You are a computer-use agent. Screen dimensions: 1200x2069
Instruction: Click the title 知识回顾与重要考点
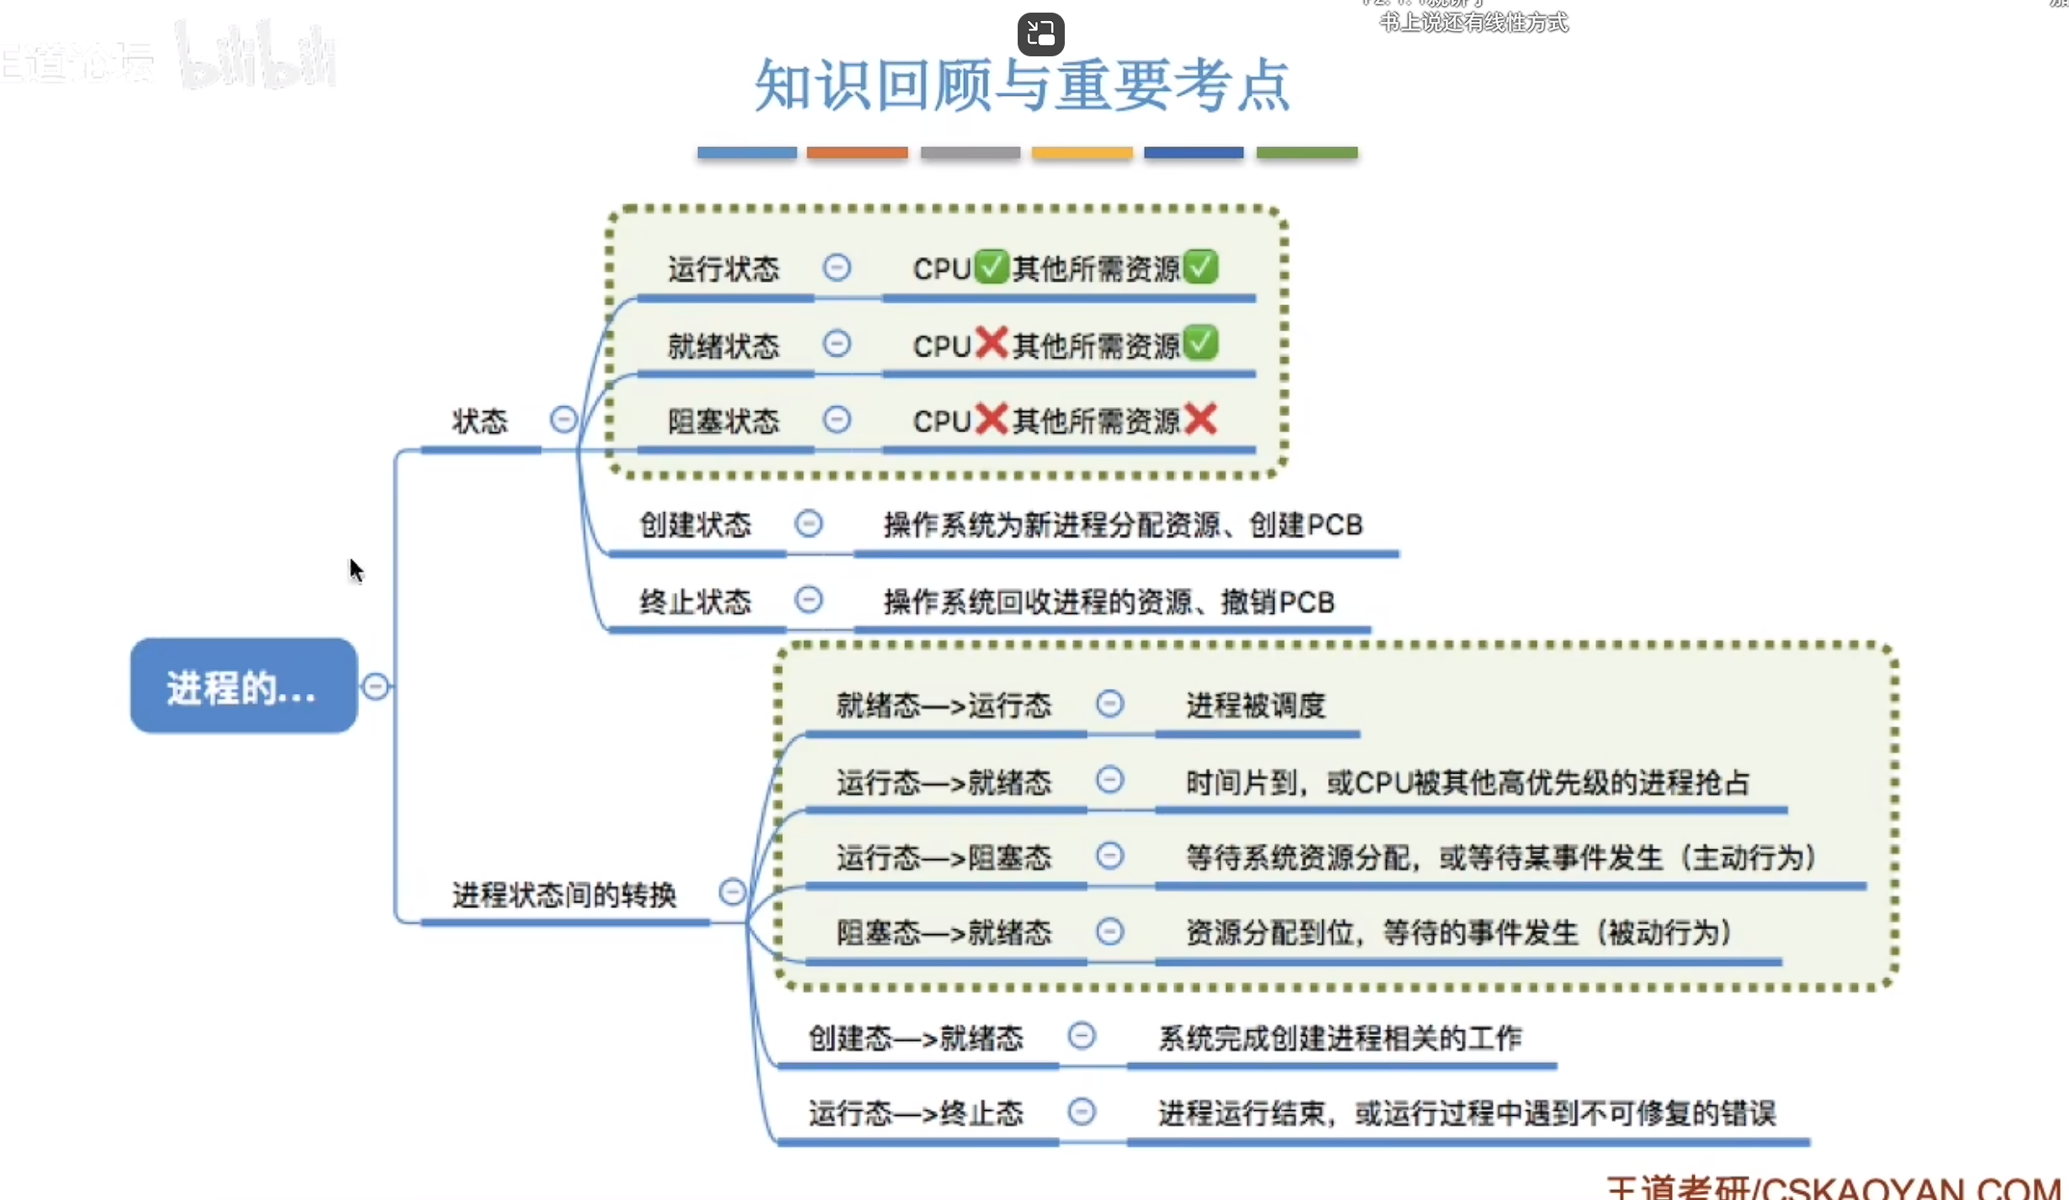(1022, 86)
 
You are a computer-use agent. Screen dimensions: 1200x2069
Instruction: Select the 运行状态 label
(723, 269)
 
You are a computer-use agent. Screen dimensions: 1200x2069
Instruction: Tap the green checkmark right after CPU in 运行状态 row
(992, 267)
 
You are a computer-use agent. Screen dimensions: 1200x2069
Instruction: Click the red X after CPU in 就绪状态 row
(992, 343)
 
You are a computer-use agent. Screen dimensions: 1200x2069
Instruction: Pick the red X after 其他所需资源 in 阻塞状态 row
(1201, 419)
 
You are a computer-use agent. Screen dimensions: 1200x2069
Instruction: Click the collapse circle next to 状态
(564, 419)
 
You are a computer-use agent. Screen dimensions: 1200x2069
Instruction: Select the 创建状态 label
(695, 525)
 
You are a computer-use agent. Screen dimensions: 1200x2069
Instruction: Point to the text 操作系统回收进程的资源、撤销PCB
(1109, 602)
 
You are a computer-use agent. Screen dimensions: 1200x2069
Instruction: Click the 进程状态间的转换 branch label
(564, 895)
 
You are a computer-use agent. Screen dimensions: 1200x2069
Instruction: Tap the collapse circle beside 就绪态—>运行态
(1109, 704)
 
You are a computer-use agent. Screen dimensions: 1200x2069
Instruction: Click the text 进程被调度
(1256, 706)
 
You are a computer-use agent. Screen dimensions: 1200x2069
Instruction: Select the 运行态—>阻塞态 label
(944, 858)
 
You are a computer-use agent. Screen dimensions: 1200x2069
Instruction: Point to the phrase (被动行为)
(1664, 933)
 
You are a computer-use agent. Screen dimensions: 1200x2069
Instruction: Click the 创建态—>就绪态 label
(916, 1039)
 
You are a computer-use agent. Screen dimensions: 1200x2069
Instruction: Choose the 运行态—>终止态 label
(916, 1113)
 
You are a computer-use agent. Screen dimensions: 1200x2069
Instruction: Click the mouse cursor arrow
(356, 569)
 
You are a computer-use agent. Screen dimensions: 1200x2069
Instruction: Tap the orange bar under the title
(857, 153)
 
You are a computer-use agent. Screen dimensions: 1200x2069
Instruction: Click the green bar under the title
(1306, 153)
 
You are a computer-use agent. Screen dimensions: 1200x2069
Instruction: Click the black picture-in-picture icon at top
(1040, 34)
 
